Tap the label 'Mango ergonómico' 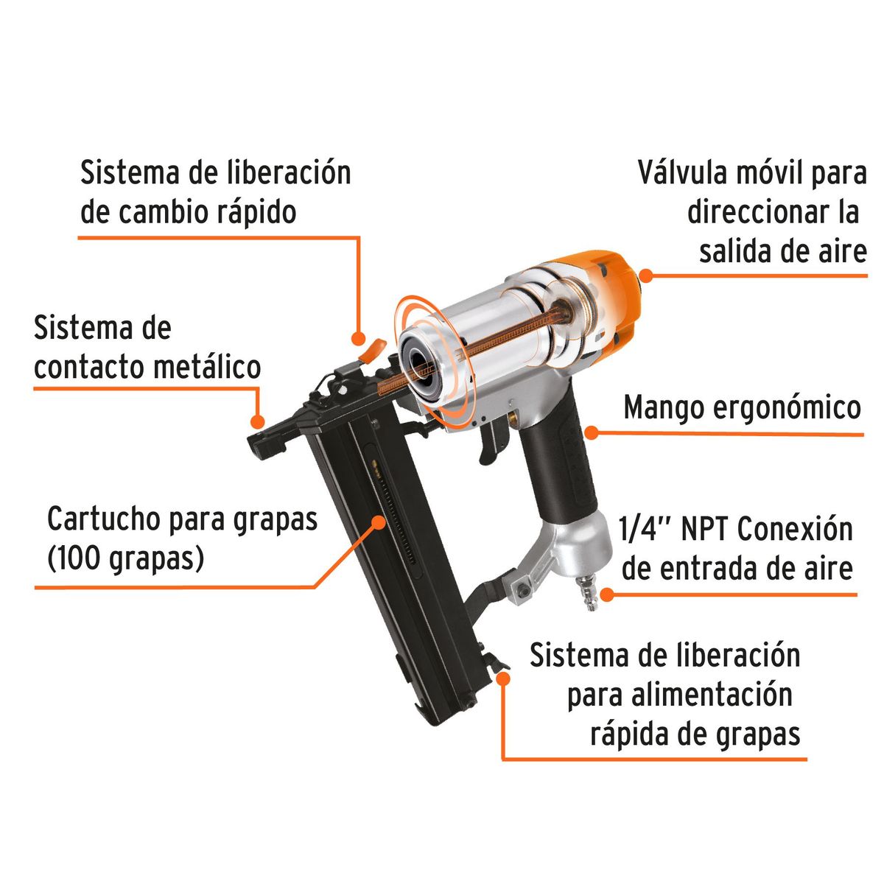point(742,407)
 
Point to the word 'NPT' point(706,530)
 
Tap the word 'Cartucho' point(103,519)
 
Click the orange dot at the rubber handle point(592,432)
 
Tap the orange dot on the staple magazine point(379,522)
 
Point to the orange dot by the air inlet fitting point(606,593)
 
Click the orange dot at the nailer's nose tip point(257,421)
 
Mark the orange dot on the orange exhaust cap point(646,276)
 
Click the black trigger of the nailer point(492,440)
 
